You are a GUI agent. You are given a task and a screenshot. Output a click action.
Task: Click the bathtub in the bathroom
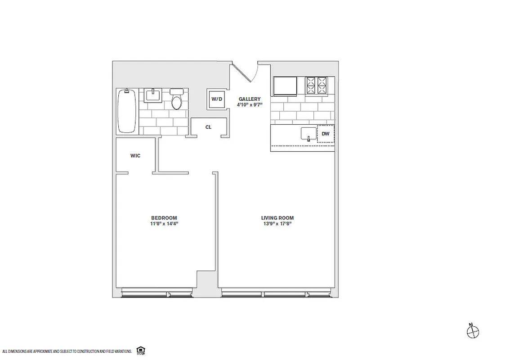pos(127,111)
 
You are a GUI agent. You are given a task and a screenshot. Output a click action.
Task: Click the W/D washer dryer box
pos(217,99)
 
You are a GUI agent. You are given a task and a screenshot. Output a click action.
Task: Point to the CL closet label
pos(208,127)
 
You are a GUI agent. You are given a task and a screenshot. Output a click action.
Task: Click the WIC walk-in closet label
pos(135,156)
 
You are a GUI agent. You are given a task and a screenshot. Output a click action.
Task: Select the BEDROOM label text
pos(164,217)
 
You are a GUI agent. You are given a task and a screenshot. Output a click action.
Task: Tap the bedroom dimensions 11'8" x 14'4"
pos(164,223)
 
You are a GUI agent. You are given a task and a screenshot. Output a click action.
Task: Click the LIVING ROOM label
pos(277,218)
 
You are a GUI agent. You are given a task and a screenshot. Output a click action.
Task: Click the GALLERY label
pos(250,99)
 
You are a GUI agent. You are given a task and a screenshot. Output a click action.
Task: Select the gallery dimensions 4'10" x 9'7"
pos(250,105)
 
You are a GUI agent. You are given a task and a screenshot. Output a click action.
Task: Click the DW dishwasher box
pos(326,134)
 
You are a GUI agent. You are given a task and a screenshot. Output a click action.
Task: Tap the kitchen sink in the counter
pos(309,134)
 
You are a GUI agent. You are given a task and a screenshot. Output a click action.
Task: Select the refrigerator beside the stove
pos(285,86)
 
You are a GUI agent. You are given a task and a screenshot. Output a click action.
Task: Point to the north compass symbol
pos(473,332)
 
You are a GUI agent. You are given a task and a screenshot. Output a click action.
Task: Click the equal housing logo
pos(140,350)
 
